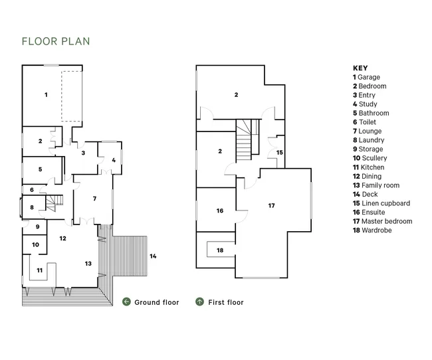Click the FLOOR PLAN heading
click(56, 41)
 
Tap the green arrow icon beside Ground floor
click(126, 302)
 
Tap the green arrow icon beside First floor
click(200, 302)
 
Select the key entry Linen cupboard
click(381, 203)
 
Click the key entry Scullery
click(370, 158)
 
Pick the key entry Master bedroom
click(383, 221)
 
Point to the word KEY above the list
click(360, 68)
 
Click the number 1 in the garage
click(46, 95)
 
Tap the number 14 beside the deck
click(153, 256)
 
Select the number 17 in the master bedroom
click(271, 205)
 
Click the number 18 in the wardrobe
click(220, 250)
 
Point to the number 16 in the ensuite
click(220, 211)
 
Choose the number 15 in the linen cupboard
click(280, 152)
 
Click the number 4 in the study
click(114, 160)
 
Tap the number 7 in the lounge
click(94, 199)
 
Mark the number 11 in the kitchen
click(40, 270)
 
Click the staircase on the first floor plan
click(248, 139)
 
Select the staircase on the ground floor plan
click(54, 203)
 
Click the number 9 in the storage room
click(37, 226)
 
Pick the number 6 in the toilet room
click(32, 190)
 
